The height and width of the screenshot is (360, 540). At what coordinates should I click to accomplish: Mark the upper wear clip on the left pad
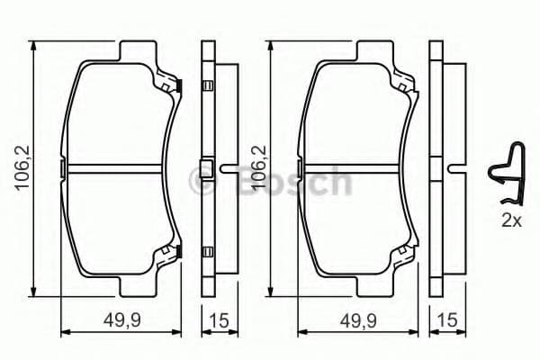click(172, 84)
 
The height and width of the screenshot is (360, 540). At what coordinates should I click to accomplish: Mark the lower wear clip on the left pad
click(172, 256)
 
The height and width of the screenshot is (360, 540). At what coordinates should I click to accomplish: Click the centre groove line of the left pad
click(117, 168)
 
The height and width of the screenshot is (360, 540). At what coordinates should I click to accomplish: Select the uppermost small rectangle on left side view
click(208, 86)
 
